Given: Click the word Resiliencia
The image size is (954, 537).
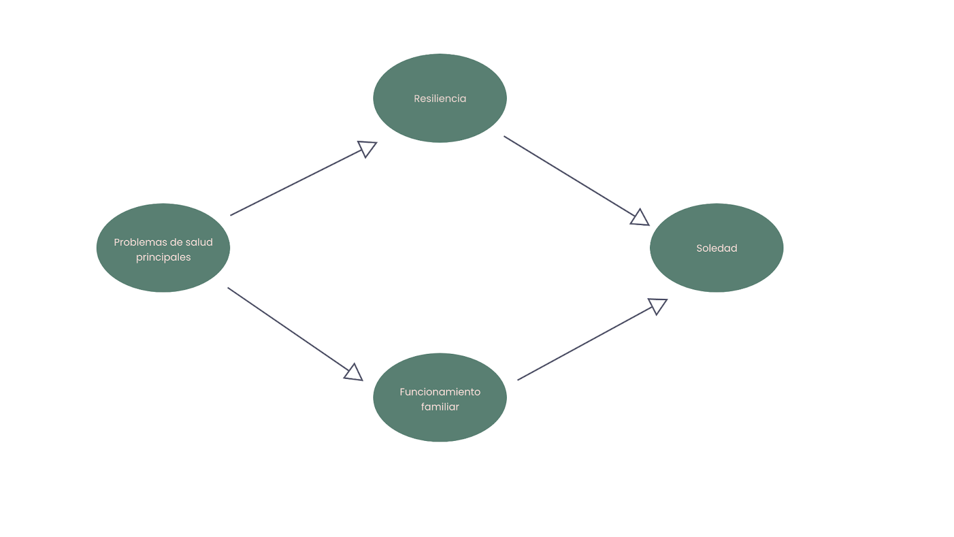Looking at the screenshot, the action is [440, 98].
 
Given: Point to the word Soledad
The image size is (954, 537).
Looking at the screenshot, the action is [717, 248].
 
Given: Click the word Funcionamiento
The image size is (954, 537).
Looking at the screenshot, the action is [440, 391].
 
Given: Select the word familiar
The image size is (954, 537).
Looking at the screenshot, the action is [440, 406].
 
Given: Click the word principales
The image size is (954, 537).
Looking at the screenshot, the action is [163, 257].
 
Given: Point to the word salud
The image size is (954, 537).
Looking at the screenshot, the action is [199, 242].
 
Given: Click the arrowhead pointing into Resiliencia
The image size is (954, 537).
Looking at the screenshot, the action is [367, 149].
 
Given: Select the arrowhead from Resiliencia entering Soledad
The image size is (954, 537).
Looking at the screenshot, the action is [640, 218].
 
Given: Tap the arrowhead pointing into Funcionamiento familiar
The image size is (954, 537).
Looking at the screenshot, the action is [354, 372].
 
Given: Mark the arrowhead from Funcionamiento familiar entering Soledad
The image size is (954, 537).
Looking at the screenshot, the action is [658, 305].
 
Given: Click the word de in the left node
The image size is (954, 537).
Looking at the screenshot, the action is [172, 242].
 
